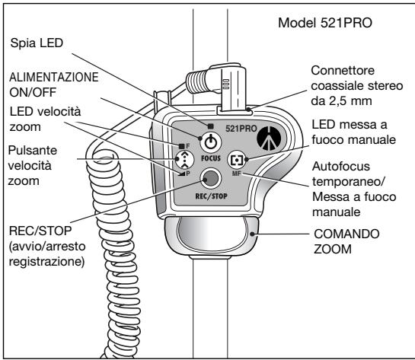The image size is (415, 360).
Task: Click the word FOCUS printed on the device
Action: pos(209,161)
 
